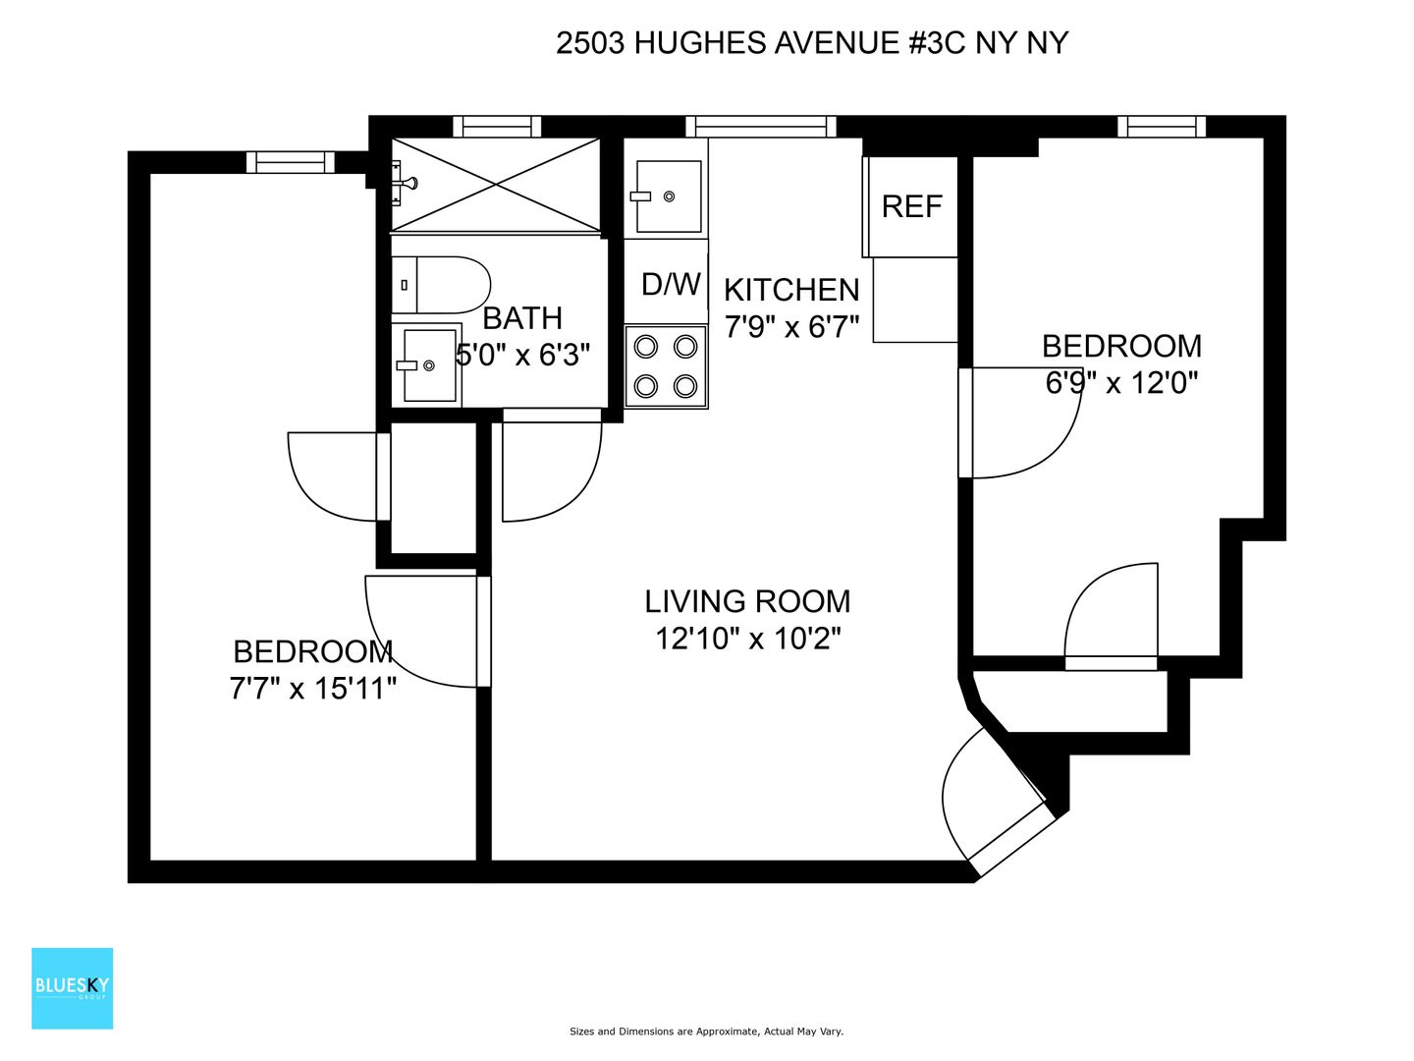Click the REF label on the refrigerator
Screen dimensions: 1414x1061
coord(911,206)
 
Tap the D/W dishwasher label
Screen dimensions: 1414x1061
coord(671,284)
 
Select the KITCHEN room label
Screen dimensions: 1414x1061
coord(791,290)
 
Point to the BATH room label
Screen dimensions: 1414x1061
coord(522,318)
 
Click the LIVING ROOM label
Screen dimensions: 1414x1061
coord(747,601)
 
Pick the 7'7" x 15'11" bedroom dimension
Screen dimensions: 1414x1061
coord(312,689)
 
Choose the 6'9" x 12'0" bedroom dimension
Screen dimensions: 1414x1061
coord(1121,383)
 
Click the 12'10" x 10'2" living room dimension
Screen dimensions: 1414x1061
coord(748,639)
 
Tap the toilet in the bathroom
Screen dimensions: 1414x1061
coord(441,285)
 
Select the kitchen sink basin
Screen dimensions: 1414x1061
coord(669,195)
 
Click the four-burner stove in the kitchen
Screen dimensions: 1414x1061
coord(666,366)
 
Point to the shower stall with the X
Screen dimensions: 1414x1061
coord(496,185)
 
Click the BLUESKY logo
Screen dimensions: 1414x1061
coord(72,987)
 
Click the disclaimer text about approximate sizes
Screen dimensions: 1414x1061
coord(706,1032)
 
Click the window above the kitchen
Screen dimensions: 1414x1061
coord(761,127)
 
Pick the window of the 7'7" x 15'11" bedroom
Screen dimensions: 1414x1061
coord(291,162)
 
